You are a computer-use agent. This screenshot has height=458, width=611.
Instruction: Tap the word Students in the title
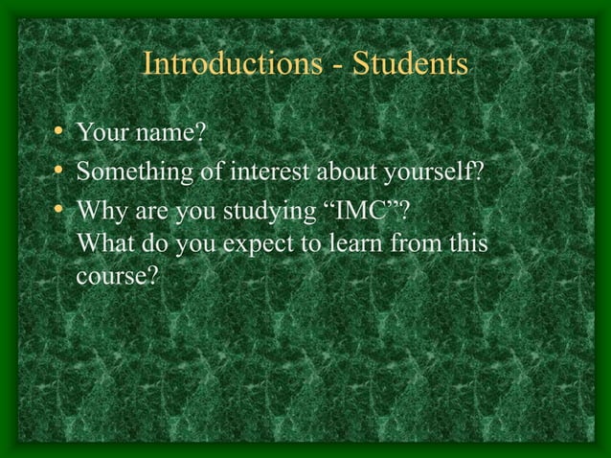tap(409, 64)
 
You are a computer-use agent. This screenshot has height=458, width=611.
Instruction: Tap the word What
tap(103, 243)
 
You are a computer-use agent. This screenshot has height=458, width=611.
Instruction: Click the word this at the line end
tap(468, 243)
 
